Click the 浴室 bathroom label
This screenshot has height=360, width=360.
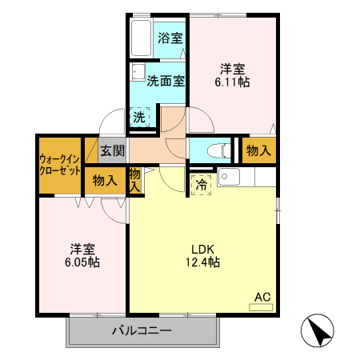point(169,38)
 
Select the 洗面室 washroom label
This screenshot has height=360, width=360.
point(166,81)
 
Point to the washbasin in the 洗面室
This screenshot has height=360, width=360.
point(138,71)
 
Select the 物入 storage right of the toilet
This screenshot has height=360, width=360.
point(258,150)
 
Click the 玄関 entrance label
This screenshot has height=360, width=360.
point(112,150)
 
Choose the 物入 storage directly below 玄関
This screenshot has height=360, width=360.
point(105,181)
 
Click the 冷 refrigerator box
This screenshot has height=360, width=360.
point(200,183)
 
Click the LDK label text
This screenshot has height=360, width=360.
point(202,247)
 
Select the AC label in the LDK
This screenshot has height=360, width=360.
point(262,298)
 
